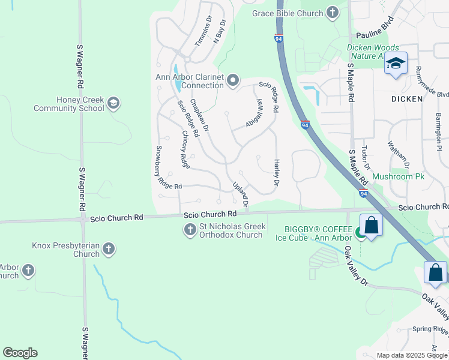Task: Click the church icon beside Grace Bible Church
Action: click(x=333, y=13)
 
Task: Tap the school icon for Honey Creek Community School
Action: click(x=113, y=104)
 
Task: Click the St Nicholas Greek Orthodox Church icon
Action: click(x=190, y=230)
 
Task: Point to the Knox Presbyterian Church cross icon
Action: click(x=109, y=248)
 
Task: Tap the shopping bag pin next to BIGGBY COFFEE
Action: click(x=372, y=226)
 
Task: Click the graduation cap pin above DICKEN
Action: click(x=396, y=64)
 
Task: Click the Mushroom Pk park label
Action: click(x=398, y=177)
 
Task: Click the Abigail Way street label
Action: click(x=255, y=113)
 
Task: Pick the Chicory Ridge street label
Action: click(x=185, y=149)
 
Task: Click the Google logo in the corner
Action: click(x=20, y=353)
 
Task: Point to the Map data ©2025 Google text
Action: click(x=411, y=355)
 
